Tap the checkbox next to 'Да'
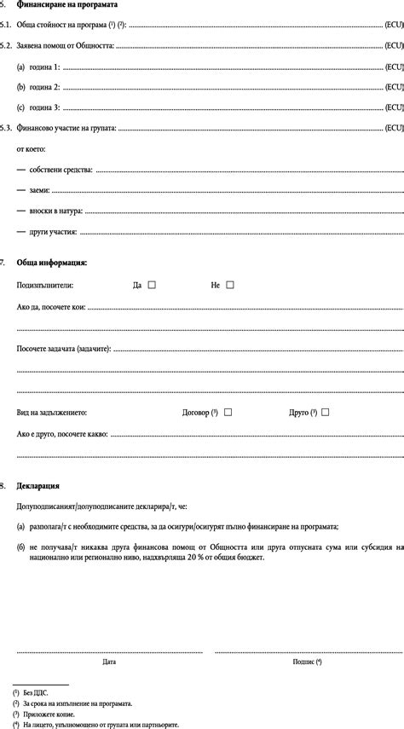coord(152,285)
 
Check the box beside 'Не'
coord(229,285)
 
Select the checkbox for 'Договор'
coord(228,412)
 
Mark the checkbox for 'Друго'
coord(325,412)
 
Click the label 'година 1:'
coord(44,66)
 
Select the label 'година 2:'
coord(44,86)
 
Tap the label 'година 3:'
coord(44,107)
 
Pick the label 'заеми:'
coord(39,189)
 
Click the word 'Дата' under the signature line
coord(109,661)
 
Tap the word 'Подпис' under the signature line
coord(304,661)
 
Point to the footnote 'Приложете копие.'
coord(49,714)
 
